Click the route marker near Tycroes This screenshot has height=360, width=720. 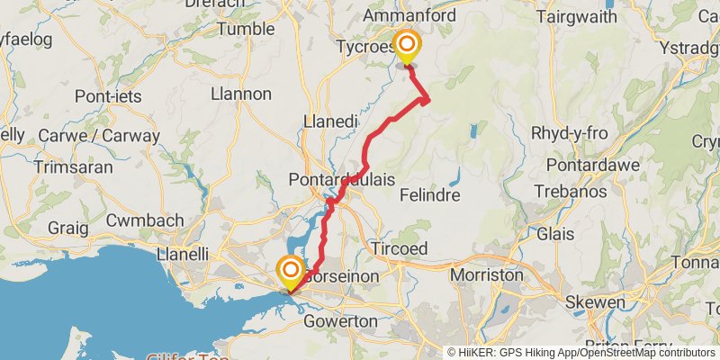pyautogui.click(x=408, y=45)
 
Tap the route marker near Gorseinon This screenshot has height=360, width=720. pyautogui.click(x=291, y=271)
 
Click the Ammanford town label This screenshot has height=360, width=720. pyautogui.click(x=409, y=16)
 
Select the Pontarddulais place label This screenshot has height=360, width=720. pyautogui.click(x=342, y=180)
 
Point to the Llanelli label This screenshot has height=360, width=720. pyautogui.click(x=183, y=254)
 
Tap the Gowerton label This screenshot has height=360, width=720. pyautogui.click(x=339, y=321)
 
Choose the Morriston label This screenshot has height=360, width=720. pyautogui.click(x=486, y=275)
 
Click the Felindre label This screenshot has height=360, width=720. pyautogui.click(x=429, y=195)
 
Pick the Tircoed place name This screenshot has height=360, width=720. pyautogui.click(x=400, y=248)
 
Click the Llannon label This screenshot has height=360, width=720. pyautogui.click(x=239, y=94)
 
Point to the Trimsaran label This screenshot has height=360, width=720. pyautogui.click(x=73, y=167)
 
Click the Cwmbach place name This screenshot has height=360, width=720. pyautogui.click(x=145, y=220)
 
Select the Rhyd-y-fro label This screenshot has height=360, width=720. pyautogui.click(x=570, y=134)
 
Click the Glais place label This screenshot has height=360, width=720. pyautogui.click(x=554, y=234)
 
